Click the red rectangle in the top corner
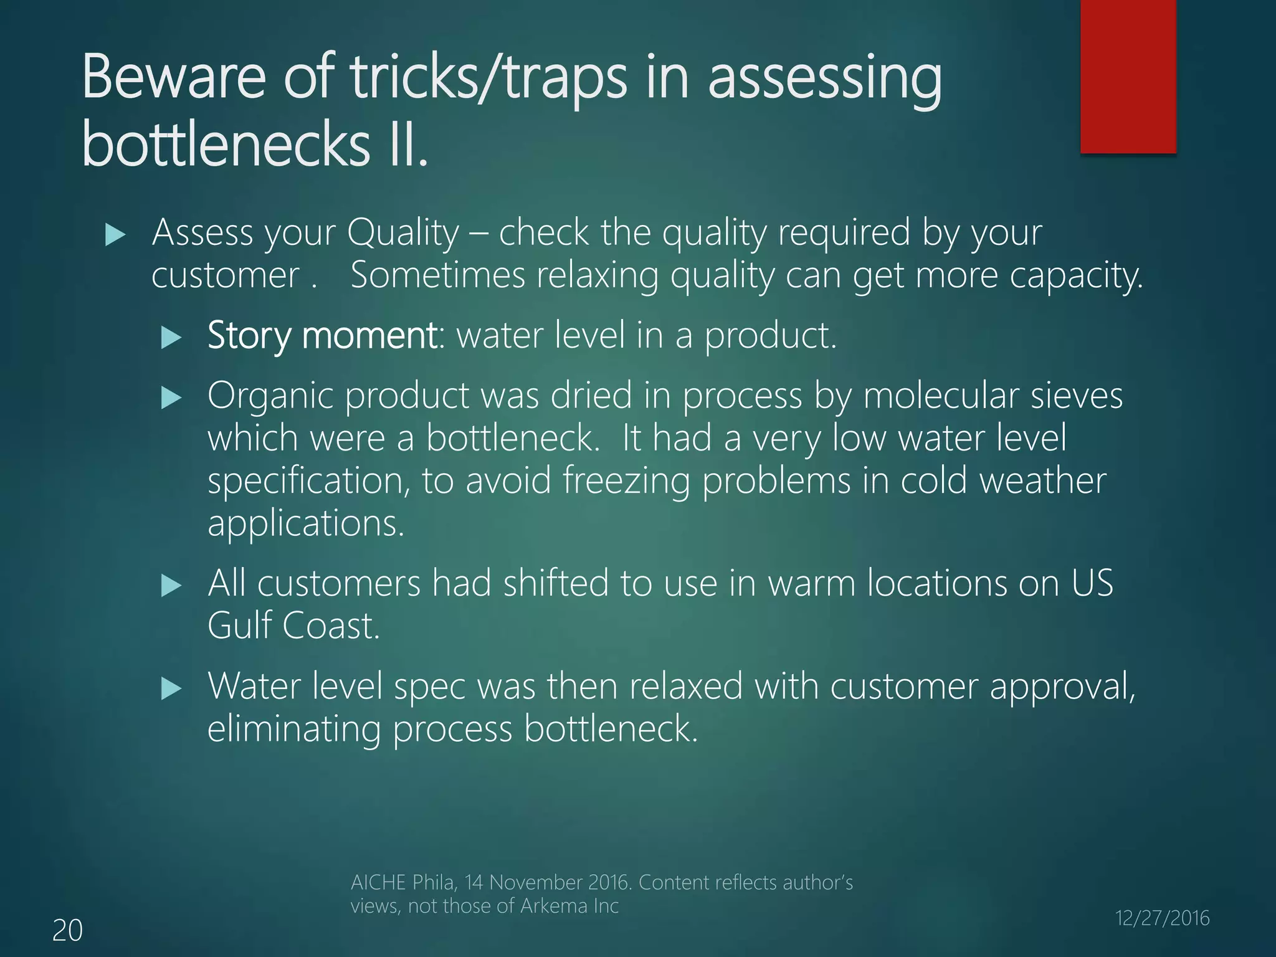pos(1128,76)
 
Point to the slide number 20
pos(67,930)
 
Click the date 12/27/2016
pos(1162,918)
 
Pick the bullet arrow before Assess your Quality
pos(115,235)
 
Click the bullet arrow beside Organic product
pos(171,398)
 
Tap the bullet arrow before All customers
pos(171,586)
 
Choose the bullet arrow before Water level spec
pos(171,688)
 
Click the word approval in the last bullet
pos(1062,687)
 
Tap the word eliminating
pos(293,728)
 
